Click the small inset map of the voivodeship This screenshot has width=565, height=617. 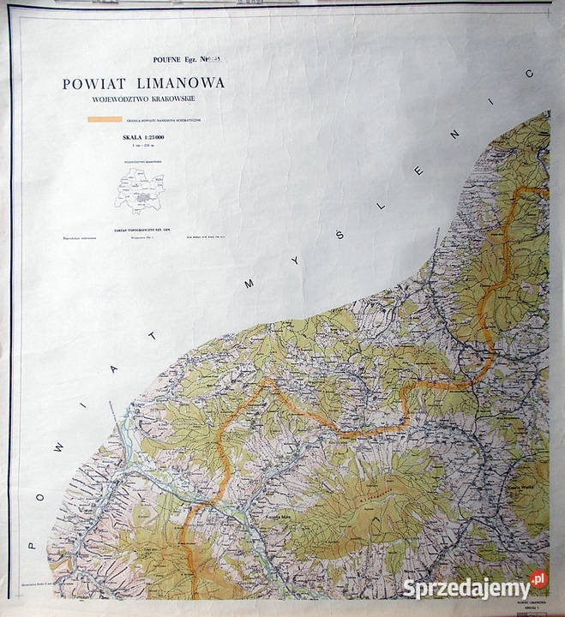(141, 186)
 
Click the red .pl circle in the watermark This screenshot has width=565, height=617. (538, 581)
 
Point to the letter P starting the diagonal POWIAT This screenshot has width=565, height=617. (32, 542)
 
